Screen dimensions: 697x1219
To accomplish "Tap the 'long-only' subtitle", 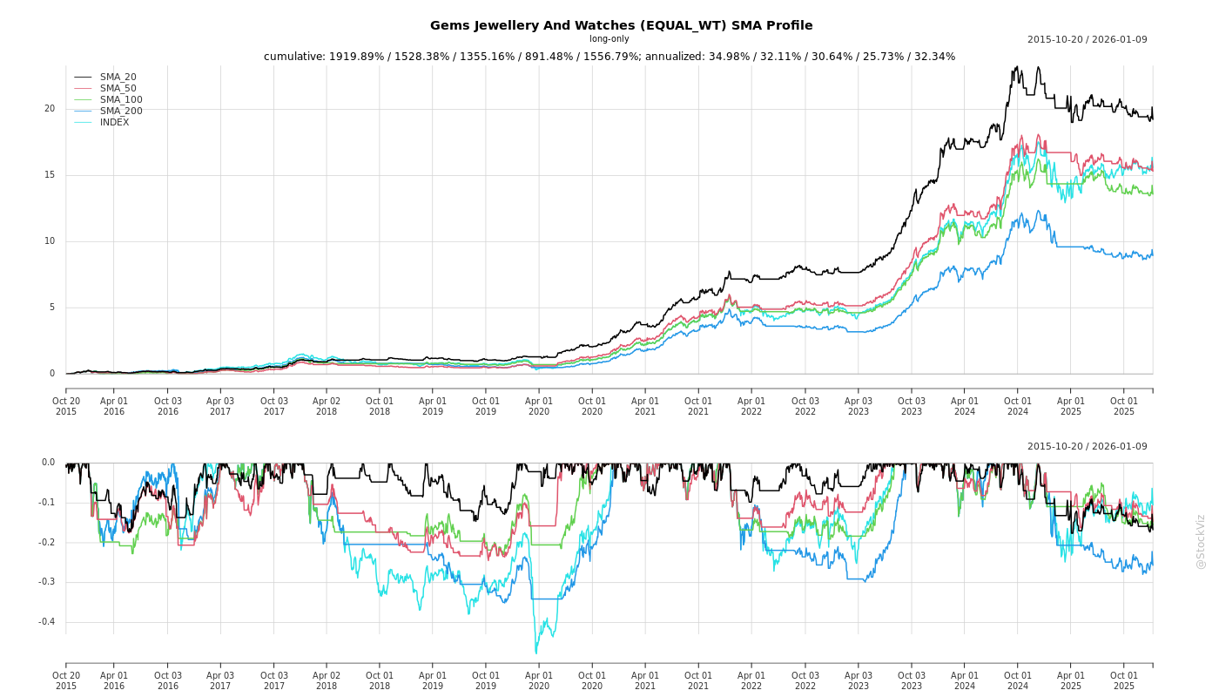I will pyautogui.click(x=609, y=39).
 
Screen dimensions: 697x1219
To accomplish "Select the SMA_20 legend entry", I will pyautogui.click(x=118, y=78).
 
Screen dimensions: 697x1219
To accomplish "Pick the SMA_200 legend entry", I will pyautogui.click(x=121, y=112).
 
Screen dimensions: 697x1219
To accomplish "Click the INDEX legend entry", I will pyautogui.click(x=114, y=123).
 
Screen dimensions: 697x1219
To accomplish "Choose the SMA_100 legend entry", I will pyautogui.click(x=121, y=100).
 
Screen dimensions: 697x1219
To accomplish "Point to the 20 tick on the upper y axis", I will pyautogui.click(x=50, y=109).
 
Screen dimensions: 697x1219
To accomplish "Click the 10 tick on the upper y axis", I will pyautogui.click(x=50, y=241).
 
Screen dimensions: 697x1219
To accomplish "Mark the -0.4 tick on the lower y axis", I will pyautogui.click(x=46, y=622).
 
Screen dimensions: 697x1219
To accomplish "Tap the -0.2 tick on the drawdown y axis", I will pyautogui.click(x=46, y=543).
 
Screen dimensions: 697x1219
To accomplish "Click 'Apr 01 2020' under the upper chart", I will pyautogui.click(x=539, y=406).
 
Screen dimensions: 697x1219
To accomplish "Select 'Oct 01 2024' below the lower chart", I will pyautogui.click(x=1018, y=680).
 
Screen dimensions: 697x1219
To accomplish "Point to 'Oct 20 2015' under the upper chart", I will pyautogui.click(x=66, y=406).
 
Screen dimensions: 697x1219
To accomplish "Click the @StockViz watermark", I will pyautogui.click(x=1201, y=541).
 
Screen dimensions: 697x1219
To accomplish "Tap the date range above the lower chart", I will pyautogui.click(x=1087, y=447).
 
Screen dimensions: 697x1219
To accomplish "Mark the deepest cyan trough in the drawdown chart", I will pyautogui.click(x=535, y=653).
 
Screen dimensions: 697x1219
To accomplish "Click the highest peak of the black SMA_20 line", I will pyautogui.click(x=1015, y=66).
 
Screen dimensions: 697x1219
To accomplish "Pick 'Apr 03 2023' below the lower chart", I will pyautogui.click(x=859, y=680).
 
